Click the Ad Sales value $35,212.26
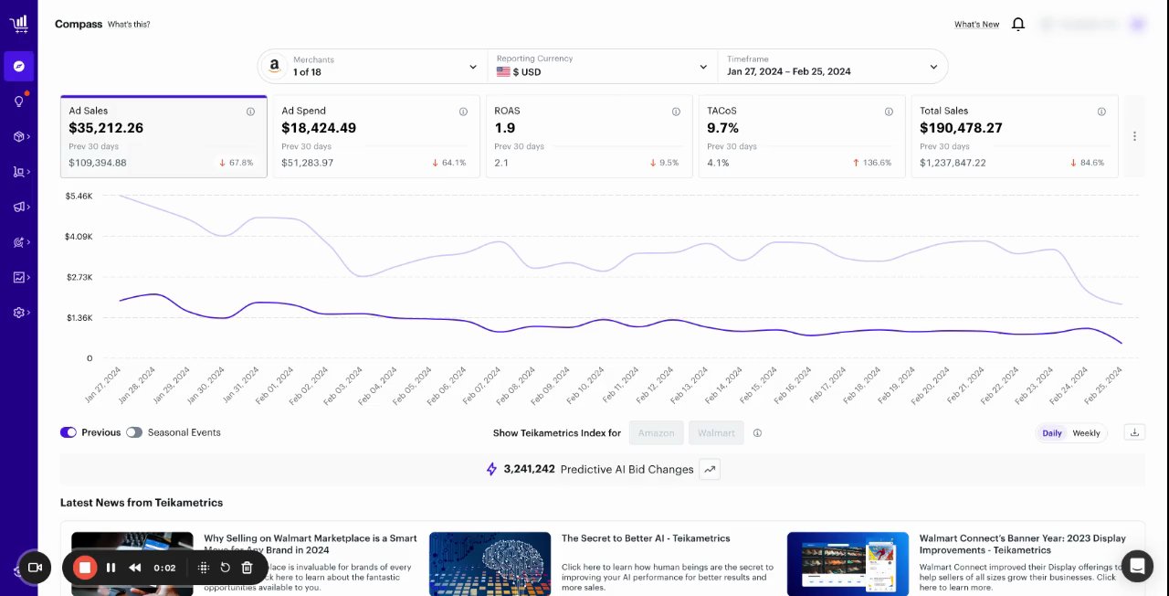tap(106, 128)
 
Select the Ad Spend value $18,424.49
tap(319, 128)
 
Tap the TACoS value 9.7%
tap(723, 128)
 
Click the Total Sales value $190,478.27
tap(961, 128)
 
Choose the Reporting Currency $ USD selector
tap(602, 67)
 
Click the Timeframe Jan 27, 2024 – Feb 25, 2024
tap(832, 67)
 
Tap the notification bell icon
tap(1018, 25)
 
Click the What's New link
tap(976, 25)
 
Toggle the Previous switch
tap(68, 432)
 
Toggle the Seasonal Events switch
tap(134, 432)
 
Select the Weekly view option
tap(1086, 433)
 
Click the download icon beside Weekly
tap(1134, 432)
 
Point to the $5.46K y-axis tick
tap(79, 197)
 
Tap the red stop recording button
tap(85, 568)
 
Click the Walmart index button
tap(716, 433)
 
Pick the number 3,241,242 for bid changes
tap(529, 469)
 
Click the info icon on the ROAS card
tap(676, 112)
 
